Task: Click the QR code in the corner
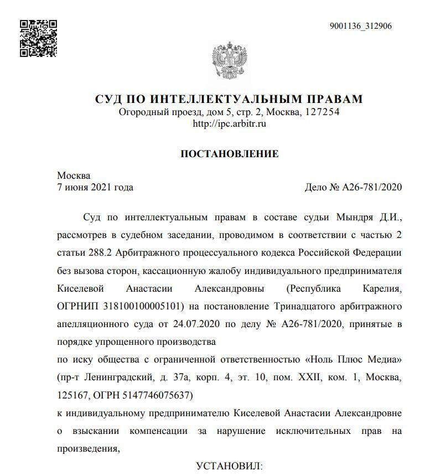pyautogui.click(x=39, y=38)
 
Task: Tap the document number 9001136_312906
pyautogui.click(x=360, y=26)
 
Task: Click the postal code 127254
pyautogui.click(x=322, y=112)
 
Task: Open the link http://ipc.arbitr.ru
pyautogui.click(x=229, y=124)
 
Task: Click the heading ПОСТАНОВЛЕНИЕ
pyautogui.click(x=229, y=154)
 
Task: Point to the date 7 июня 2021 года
pyautogui.click(x=95, y=188)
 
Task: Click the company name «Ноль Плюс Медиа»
pyautogui.click(x=353, y=360)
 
